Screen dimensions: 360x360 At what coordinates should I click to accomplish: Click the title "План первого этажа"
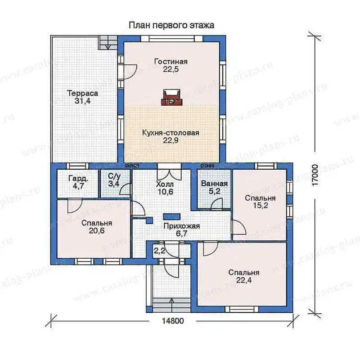click(x=171, y=25)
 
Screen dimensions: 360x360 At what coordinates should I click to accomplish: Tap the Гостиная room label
click(x=171, y=62)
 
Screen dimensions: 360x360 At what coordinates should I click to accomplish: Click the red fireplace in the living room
click(x=171, y=98)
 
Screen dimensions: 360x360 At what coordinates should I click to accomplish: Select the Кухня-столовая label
click(x=171, y=133)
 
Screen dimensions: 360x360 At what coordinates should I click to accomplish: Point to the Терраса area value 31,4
click(x=82, y=101)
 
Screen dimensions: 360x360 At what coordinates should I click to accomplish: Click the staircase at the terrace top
click(x=108, y=42)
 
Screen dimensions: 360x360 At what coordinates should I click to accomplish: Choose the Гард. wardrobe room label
click(x=78, y=178)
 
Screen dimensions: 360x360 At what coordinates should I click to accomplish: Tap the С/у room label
click(x=114, y=176)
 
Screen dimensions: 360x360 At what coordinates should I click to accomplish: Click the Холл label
click(x=165, y=184)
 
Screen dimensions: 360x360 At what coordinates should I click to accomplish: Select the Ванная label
click(x=214, y=184)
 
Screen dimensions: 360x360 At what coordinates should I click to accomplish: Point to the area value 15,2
click(x=261, y=206)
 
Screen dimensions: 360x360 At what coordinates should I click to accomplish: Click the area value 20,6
click(x=97, y=230)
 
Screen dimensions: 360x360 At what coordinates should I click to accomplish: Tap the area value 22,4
click(x=244, y=280)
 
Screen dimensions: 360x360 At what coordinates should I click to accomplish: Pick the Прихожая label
click(x=181, y=226)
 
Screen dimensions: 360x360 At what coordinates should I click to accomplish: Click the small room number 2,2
click(x=159, y=251)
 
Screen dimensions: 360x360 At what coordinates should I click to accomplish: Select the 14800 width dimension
click(x=173, y=320)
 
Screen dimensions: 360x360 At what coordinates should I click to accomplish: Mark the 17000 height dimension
click(x=315, y=175)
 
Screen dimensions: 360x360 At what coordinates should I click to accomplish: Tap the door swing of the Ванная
click(x=216, y=204)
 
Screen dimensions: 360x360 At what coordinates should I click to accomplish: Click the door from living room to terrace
click(x=130, y=72)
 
